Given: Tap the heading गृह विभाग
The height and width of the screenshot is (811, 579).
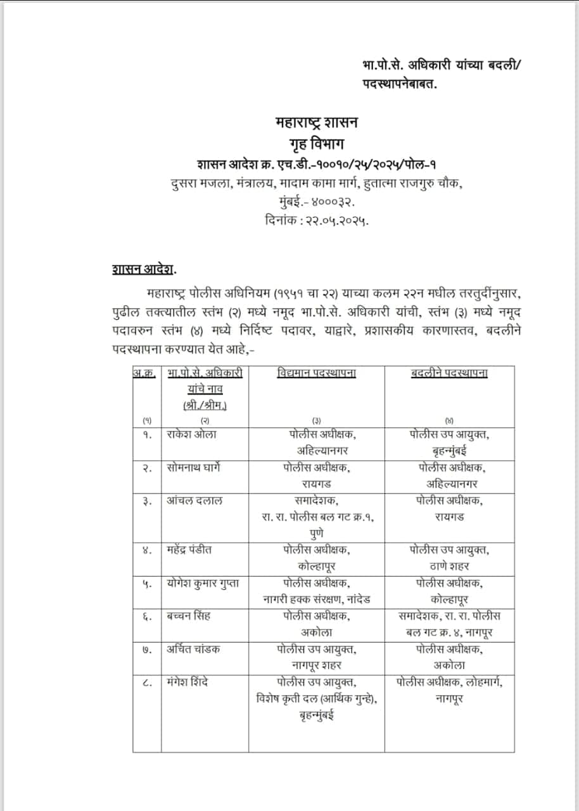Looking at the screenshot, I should click(x=315, y=142).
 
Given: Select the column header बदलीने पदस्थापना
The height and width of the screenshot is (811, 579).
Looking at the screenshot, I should click(x=449, y=373).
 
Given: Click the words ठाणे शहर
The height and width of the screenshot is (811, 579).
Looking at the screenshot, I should click(x=449, y=566).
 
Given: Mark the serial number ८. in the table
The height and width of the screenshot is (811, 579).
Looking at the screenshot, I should click(x=147, y=682).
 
